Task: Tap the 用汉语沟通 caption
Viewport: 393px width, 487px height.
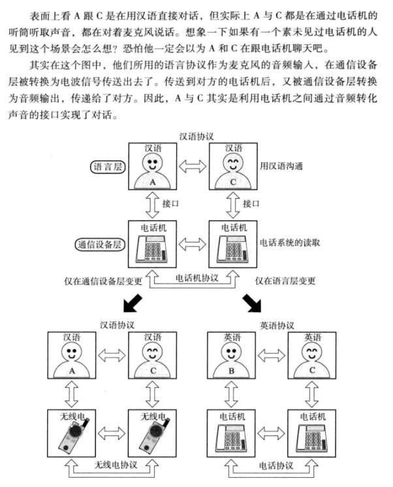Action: (281, 166)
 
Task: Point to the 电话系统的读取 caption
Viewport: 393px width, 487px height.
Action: (291, 243)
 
